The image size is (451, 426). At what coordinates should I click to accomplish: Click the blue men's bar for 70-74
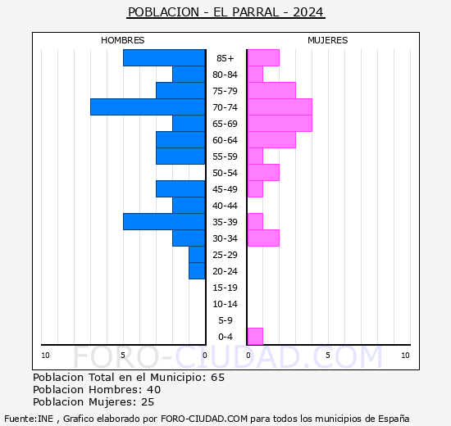[148, 107]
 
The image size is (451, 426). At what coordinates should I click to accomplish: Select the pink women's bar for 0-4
[255, 337]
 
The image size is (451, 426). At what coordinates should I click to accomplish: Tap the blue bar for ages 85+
[164, 58]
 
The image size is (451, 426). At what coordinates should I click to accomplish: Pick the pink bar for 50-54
[263, 173]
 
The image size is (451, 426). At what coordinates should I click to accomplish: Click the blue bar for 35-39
[164, 222]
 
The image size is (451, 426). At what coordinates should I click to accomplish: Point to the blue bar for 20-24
[197, 271]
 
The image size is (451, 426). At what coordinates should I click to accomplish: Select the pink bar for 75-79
[271, 91]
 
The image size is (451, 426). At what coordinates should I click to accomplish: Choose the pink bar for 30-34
[263, 238]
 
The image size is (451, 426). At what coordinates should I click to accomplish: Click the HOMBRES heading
[122, 40]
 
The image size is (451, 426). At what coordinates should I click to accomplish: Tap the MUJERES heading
[328, 40]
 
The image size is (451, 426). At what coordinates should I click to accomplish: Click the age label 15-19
[225, 288]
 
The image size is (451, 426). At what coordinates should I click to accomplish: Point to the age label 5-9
[225, 320]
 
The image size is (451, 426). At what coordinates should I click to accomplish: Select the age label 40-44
[225, 206]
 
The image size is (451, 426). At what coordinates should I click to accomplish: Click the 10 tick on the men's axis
[45, 356]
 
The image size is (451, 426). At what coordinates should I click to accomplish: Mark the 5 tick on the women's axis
[328, 356]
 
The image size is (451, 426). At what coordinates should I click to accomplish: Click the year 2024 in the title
[308, 12]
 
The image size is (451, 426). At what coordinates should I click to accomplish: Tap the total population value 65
[217, 378]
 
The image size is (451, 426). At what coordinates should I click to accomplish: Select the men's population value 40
[154, 390]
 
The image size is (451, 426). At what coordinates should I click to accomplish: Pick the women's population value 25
[148, 402]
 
